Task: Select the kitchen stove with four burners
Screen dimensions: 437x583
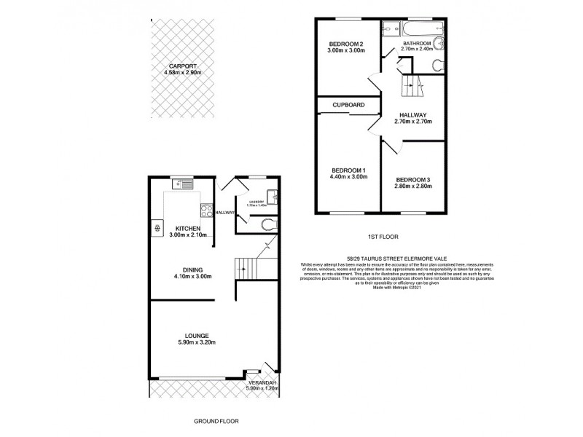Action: [206, 213]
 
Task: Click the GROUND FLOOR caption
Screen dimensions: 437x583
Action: [216, 422]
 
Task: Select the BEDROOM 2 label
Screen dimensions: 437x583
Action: [346, 45]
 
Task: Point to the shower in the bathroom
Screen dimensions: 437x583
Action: [388, 29]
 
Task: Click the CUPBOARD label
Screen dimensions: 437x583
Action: [348, 106]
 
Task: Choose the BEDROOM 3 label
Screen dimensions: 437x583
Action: [414, 179]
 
